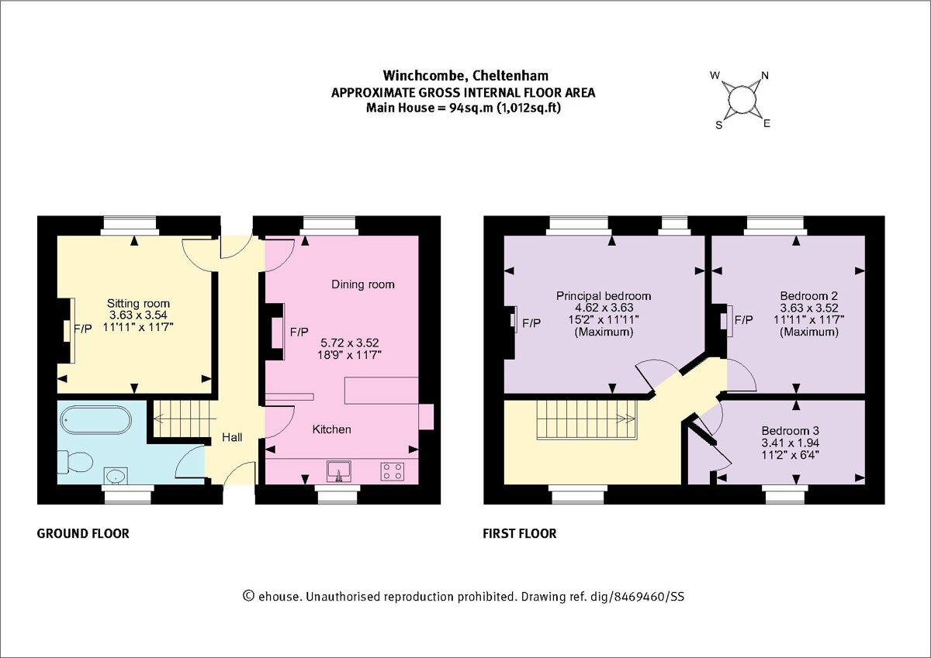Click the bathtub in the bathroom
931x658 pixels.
pos(94,420)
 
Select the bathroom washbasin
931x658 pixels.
pos(117,474)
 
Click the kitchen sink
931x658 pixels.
pos(339,470)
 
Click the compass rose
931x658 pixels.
pos(741,99)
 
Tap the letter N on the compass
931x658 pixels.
pos(765,75)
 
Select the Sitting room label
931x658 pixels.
pos(138,303)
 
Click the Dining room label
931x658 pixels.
pos(363,284)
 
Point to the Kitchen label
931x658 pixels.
pos(332,429)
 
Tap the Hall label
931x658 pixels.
pos(232,438)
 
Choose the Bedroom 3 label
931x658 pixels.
pos(790,431)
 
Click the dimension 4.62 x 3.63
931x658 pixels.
pos(604,308)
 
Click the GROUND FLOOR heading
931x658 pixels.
pos(83,533)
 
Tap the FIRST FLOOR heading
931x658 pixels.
pos(520,533)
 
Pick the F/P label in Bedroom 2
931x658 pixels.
pos(743,320)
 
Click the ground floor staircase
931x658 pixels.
pos(181,419)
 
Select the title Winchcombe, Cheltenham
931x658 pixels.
pos(465,75)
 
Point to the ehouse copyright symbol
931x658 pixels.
pos(249,595)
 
